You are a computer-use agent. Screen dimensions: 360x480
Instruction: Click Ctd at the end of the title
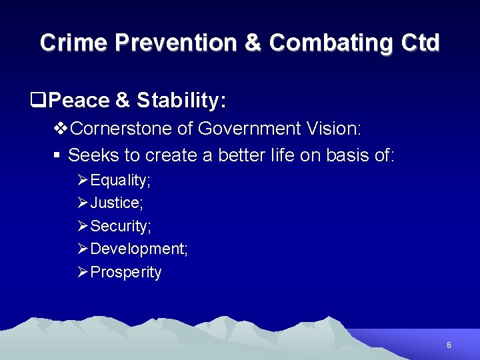421,43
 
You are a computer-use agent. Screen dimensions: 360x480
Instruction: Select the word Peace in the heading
79,101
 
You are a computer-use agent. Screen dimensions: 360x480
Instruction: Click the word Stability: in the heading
181,101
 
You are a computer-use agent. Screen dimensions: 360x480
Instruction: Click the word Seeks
95,155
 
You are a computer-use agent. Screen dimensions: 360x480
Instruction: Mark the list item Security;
121,226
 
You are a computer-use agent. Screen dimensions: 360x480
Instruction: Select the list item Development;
139,249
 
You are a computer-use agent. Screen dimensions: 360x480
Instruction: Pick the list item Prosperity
125,272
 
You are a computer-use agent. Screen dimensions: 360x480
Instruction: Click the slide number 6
449,345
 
